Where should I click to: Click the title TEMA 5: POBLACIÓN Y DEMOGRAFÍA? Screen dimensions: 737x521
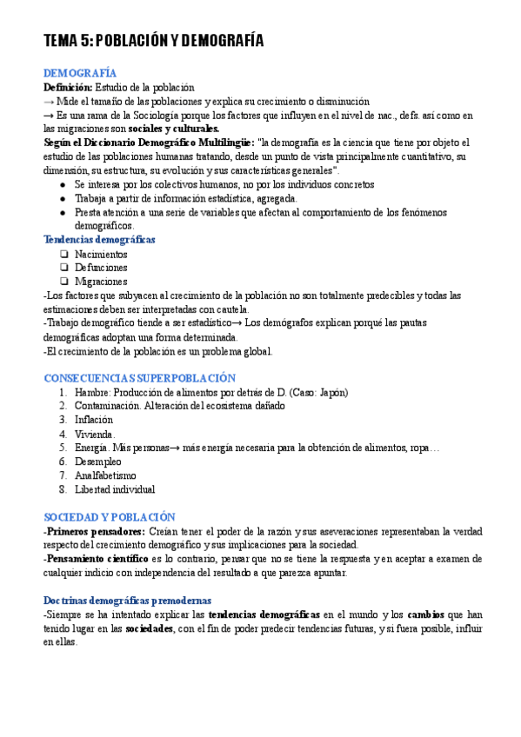coord(153,42)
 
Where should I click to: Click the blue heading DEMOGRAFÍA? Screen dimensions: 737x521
coord(80,74)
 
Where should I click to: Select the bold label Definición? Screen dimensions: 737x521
coord(68,88)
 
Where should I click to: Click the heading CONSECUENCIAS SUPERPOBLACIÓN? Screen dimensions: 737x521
coord(139,378)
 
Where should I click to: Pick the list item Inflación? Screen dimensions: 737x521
coord(94,420)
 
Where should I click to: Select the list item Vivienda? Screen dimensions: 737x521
coord(94,434)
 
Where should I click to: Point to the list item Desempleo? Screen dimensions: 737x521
coord(97,461)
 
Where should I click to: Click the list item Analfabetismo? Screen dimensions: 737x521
coord(105,475)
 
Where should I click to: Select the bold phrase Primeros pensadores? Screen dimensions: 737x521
coord(95,531)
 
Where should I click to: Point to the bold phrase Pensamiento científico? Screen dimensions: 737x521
coord(98,559)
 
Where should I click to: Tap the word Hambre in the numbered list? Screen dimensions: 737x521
coord(92,392)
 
